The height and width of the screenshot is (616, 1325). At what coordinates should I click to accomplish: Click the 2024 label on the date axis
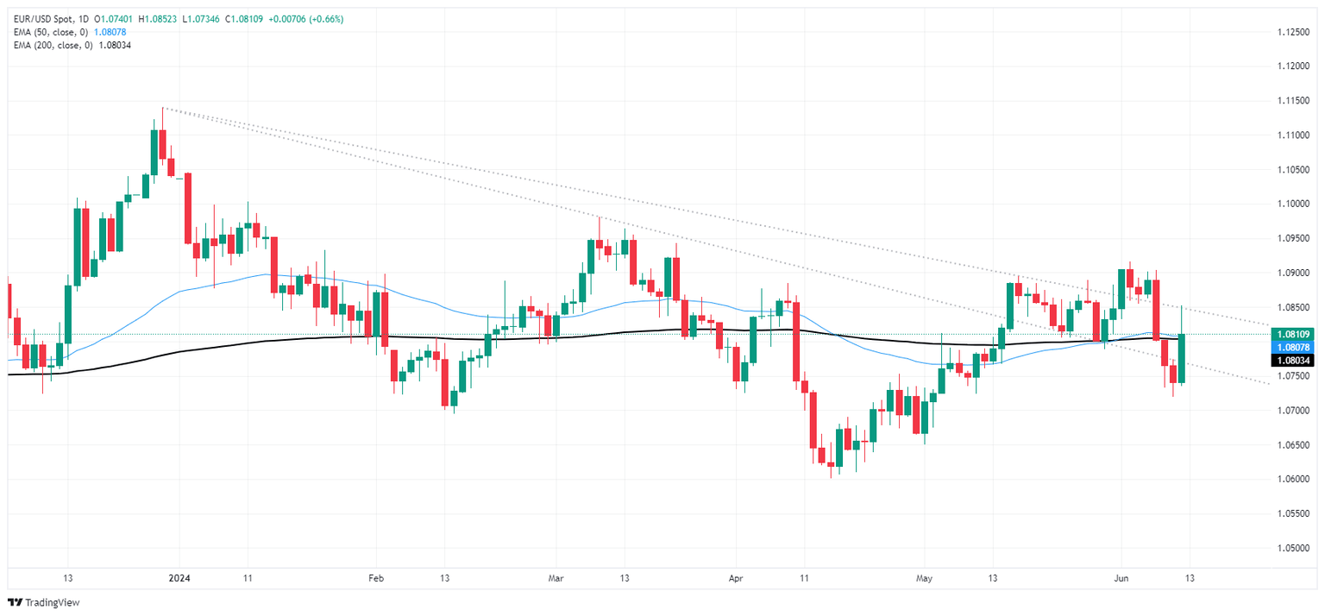pos(179,578)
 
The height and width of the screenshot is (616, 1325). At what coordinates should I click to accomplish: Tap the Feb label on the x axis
pos(375,578)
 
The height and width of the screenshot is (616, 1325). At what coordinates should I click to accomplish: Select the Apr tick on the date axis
pos(735,578)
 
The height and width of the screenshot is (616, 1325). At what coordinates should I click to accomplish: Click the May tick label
pos(924,578)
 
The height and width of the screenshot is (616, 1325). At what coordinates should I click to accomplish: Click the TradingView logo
pos(41,602)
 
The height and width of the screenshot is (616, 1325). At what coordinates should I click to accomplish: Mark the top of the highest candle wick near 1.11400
pos(162,109)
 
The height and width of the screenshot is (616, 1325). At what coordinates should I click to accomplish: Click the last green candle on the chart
pos(1180,358)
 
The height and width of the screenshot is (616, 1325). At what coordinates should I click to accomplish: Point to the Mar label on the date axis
pos(556,578)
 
